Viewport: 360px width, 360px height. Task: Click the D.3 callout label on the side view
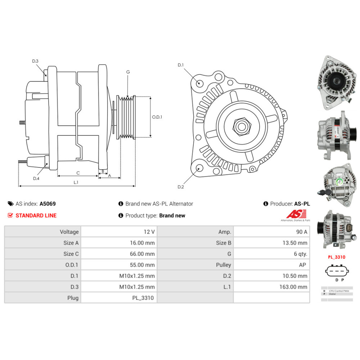(35, 61)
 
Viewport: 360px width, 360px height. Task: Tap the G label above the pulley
(128, 72)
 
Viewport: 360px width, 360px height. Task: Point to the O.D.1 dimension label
(157, 117)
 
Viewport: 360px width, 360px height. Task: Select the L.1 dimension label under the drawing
(76, 183)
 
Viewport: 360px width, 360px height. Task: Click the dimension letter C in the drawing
(78, 173)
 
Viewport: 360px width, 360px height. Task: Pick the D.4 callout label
(36, 179)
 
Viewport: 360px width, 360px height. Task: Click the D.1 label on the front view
(181, 65)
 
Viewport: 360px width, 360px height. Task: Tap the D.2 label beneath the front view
(181, 187)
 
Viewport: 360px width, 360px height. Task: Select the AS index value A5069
(48, 204)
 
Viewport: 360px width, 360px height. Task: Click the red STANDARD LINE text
(36, 216)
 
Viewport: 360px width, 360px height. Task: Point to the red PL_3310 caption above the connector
(337, 257)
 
